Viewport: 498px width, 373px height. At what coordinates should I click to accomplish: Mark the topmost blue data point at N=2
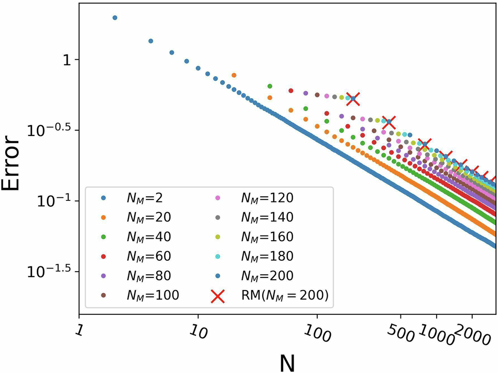(x=115, y=18)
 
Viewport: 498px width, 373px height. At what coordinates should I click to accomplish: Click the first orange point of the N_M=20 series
(x=234, y=76)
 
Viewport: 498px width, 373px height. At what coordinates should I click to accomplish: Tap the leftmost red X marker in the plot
(x=353, y=98)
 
